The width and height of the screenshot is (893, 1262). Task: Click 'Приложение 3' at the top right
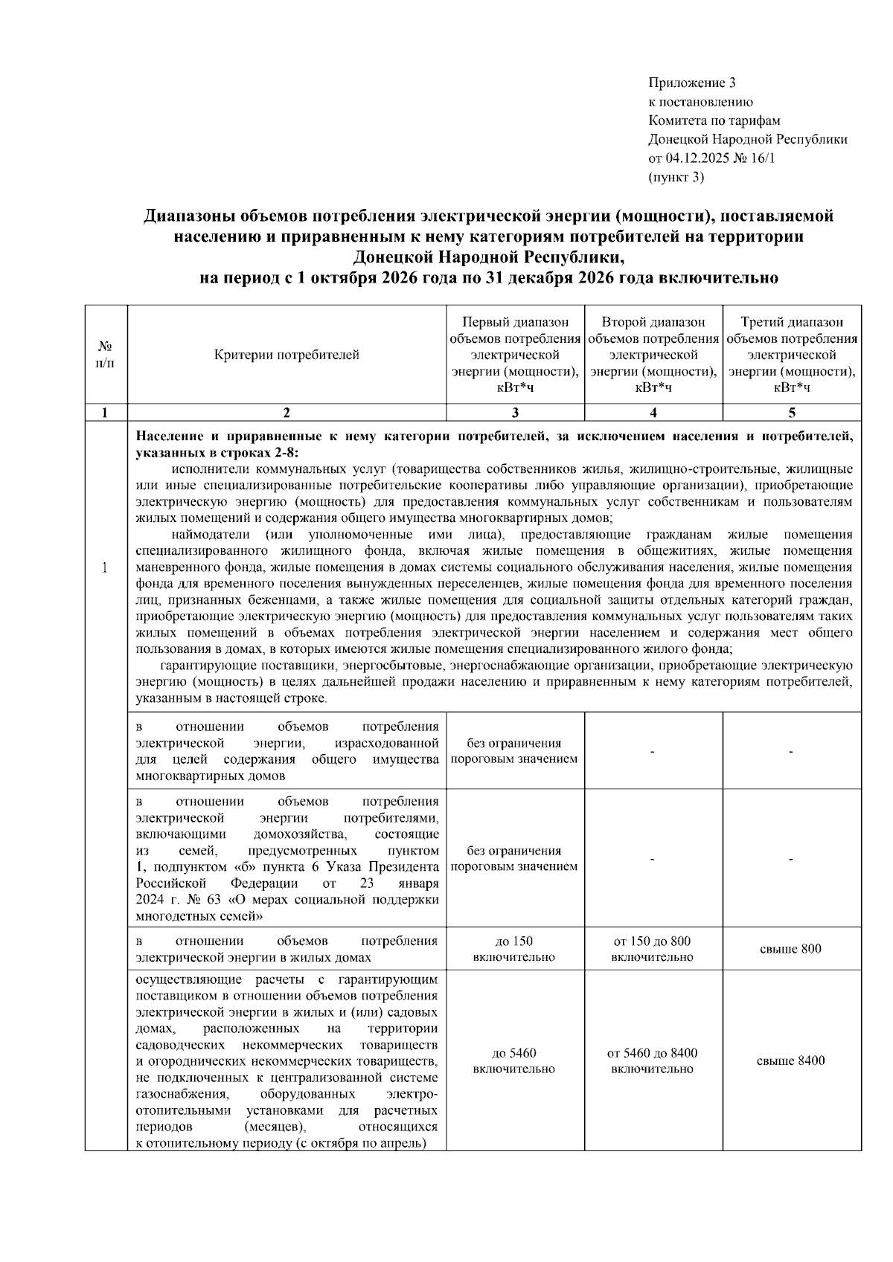(x=691, y=83)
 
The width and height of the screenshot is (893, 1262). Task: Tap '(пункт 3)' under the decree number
(x=676, y=177)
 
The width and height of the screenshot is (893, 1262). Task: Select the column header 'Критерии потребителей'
(x=287, y=355)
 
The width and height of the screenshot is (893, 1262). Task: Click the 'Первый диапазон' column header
(x=515, y=322)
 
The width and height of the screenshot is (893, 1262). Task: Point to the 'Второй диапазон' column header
(x=653, y=322)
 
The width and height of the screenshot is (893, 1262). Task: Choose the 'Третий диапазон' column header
(x=792, y=322)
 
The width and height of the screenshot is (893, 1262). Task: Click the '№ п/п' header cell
(x=106, y=355)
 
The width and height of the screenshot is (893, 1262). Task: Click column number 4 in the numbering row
(x=653, y=413)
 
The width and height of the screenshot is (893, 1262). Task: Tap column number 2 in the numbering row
(x=287, y=413)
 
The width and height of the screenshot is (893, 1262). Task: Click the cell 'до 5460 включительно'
(x=514, y=1061)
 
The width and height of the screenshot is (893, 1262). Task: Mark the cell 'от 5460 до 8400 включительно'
(x=653, y=1061)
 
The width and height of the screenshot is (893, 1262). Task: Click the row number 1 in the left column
(x=106, y=568)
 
